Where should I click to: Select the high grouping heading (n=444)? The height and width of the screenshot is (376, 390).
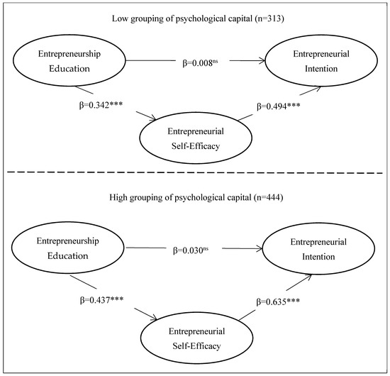tap(195, 196)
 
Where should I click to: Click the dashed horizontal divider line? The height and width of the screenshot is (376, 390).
tap(195, 171)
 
